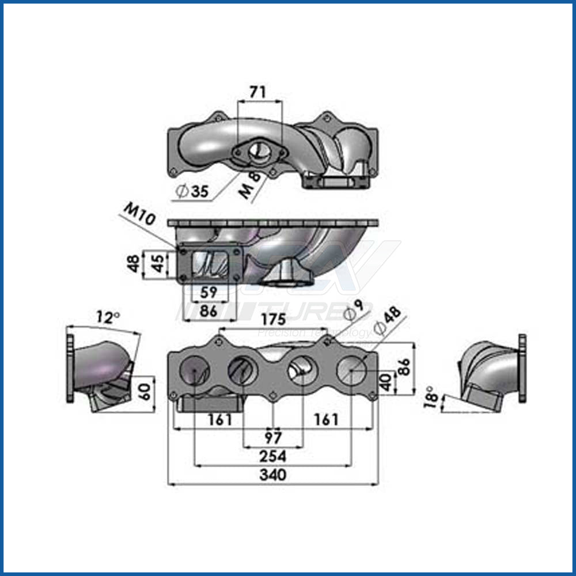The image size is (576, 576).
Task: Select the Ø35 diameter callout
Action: pyautogui.click(x=192, y=191)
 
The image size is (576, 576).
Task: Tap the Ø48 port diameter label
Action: pyautogui.click(x=387, y=320)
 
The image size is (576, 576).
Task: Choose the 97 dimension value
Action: pyautogui.click(x=273, y=437)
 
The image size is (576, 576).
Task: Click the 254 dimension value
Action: pyautogui.click(x=272, y=456)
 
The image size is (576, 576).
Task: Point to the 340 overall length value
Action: pyautogui.click(x=272, y=475)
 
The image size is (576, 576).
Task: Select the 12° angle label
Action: pyautogui.click(x=108, y=317)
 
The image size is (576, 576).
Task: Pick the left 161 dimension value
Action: pyautogui.click(x=220, y=420)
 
